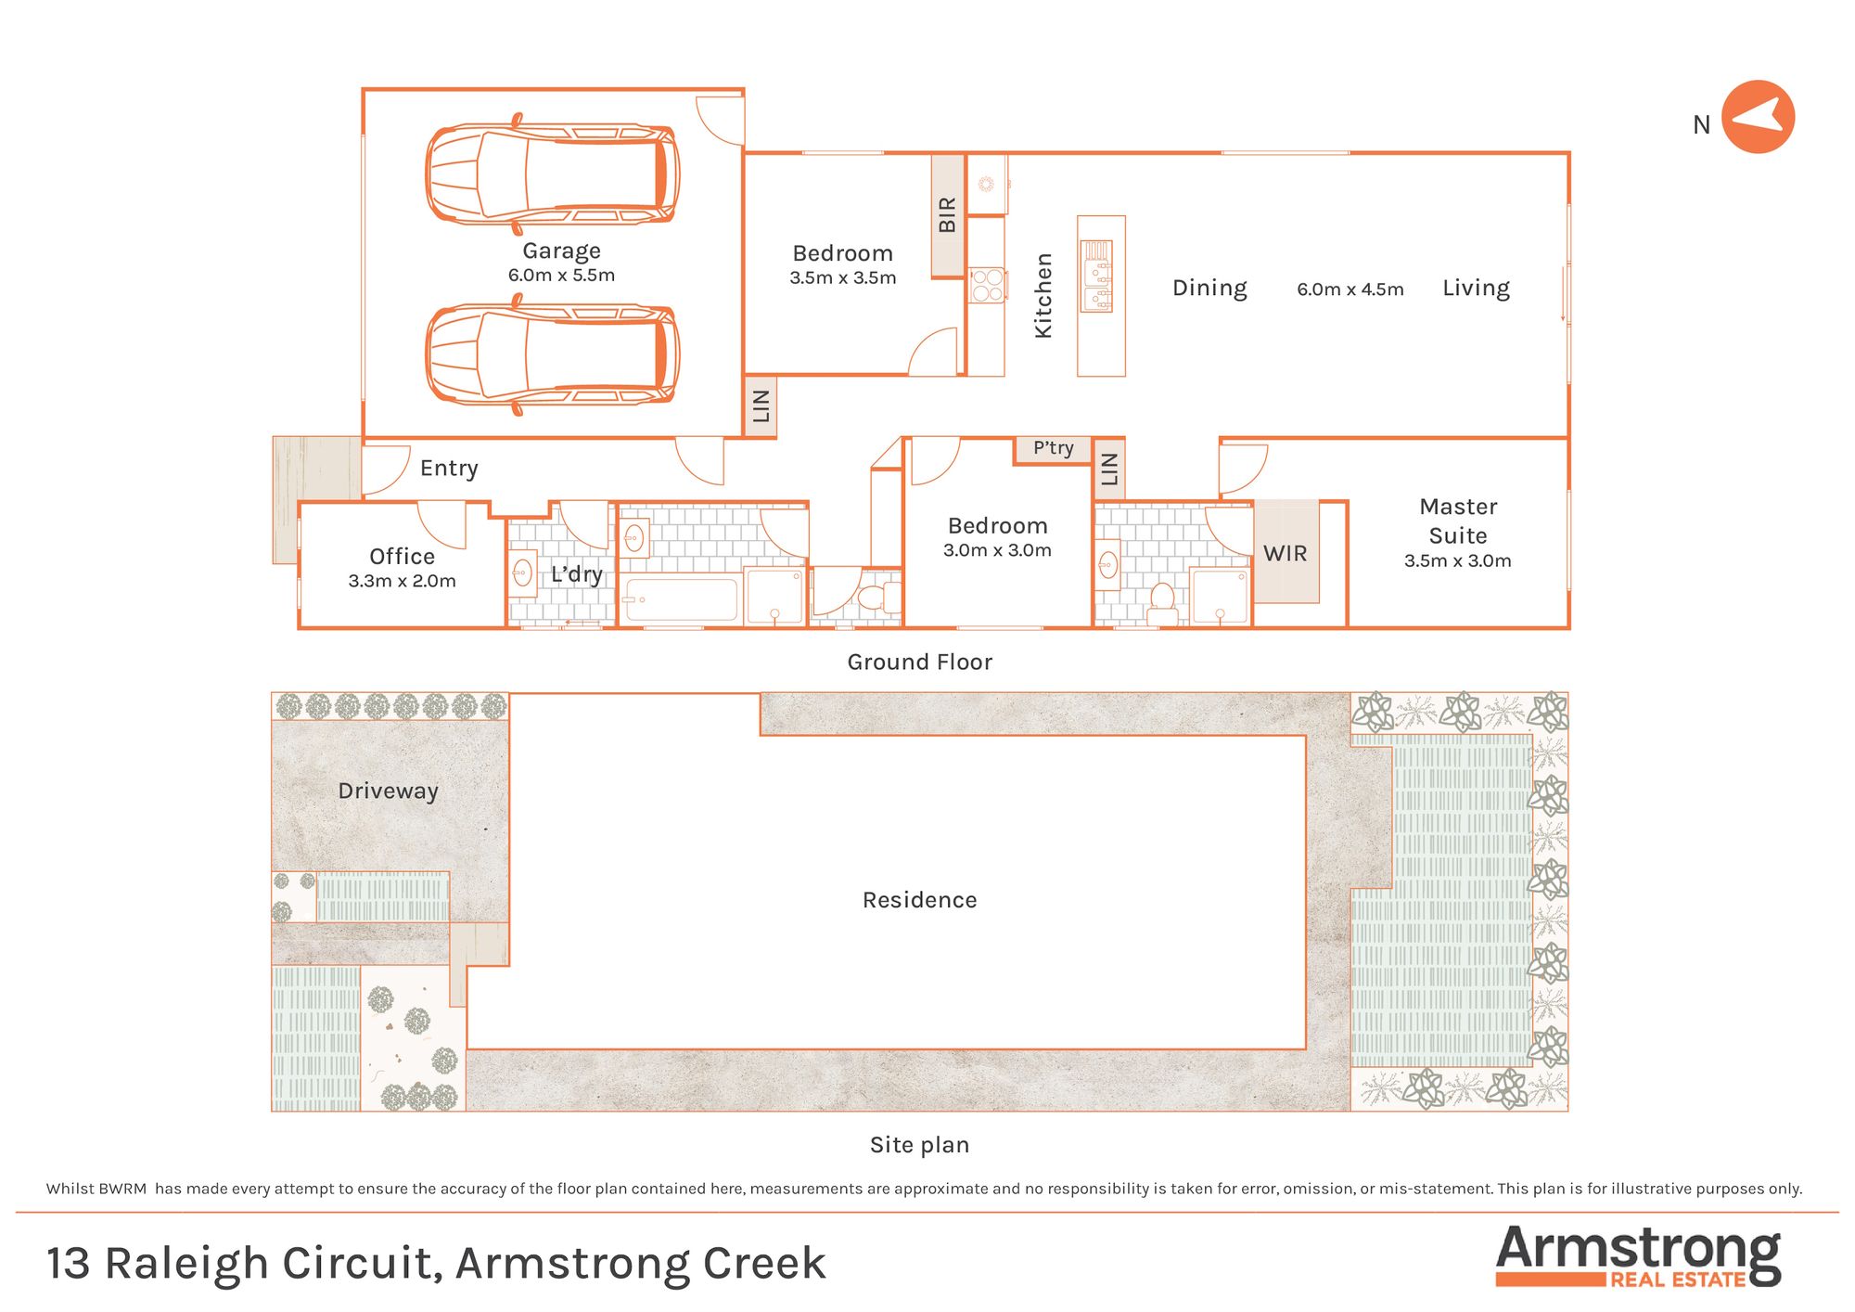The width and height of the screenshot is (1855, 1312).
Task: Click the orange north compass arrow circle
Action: click(x=1758, y=117)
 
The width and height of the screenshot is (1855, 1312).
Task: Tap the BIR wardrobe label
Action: click(x=947, y=214)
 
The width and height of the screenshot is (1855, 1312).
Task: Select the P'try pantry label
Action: click(x=1053, y=448)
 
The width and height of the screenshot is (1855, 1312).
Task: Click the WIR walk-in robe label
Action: click(x=1285, y=554)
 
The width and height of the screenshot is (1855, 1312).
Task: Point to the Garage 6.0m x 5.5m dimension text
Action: click(x=561, y=276)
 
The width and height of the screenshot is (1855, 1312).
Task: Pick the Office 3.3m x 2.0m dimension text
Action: click(x=402, y=581)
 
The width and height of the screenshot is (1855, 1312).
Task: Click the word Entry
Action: click(x=449, y=469)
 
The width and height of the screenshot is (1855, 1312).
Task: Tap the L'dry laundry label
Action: click(x=576, y=574)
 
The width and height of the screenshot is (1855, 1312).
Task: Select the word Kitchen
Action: click(x=1043, y=295)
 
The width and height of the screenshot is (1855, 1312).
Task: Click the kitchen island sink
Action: click(x=1097, y=276)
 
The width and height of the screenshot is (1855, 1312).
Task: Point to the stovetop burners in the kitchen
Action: click(x=987, y=285)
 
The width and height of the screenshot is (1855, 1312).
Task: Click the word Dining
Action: click(x=1209, y=289)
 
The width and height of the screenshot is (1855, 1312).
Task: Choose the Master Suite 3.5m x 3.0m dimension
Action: click(x=1457, y=560)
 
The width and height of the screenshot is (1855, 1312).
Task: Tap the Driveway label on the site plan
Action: click(x=388, y=791)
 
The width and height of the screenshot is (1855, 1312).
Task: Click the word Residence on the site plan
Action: click(x=919, y=900)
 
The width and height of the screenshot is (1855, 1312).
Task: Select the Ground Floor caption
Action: click(x=919, y=662)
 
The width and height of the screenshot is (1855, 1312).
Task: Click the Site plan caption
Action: click(x=919, y=1145)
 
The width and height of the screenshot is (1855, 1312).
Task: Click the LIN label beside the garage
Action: click(x=761, y=405)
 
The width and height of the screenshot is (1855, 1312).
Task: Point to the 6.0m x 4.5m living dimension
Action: click(x=1350, y=289)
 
